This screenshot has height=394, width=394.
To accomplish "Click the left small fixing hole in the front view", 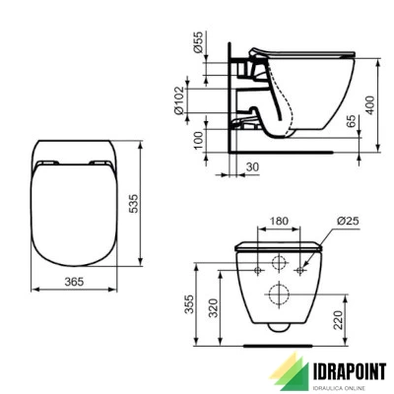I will (259, 268).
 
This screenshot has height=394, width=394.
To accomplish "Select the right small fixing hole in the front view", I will (302, 268).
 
